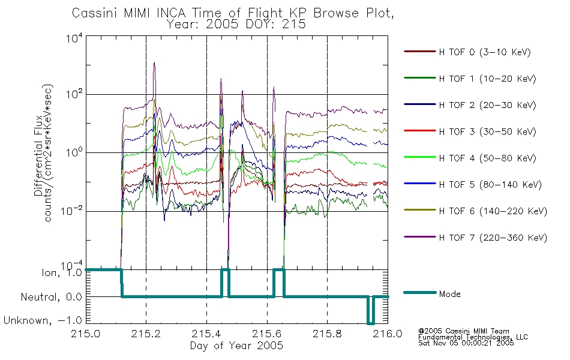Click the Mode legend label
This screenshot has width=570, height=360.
coord(449,294)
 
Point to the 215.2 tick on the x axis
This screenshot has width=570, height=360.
coord(146,334)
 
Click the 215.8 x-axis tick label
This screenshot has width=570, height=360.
coord(327,334)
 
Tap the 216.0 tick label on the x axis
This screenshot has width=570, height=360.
coord(388,334)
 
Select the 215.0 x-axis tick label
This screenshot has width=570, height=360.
coord(85,334)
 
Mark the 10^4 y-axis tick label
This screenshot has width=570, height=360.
coord(74,38)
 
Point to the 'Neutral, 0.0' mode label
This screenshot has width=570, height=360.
coord(51,297)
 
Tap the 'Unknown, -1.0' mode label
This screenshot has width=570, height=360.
coord(43,320)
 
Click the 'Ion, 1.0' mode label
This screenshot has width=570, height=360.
coord(62,272)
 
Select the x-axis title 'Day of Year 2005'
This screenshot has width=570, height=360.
coord(236,346)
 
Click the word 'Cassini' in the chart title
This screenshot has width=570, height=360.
coord(96,13)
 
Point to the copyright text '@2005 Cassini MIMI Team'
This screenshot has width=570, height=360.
coord(463,331)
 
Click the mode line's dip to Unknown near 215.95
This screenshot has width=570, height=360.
coord(370,323)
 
